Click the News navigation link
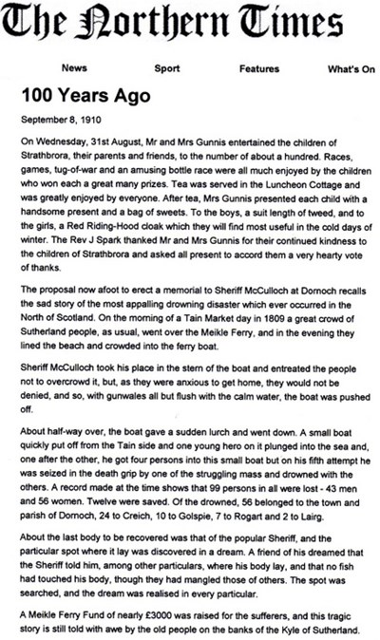coord(75,69)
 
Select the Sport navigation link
coord(167,69)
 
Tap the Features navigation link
coord(259,69)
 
